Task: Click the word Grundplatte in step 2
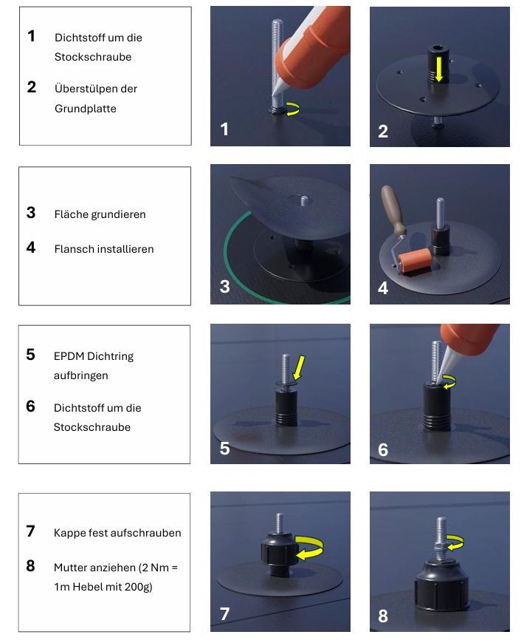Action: [x=86, y=109]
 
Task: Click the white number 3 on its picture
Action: [x=225, y=287]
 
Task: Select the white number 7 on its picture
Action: [x=225, y=614]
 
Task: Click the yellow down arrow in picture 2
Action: [x=439, y=69]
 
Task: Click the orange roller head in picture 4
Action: [x=415, y=261]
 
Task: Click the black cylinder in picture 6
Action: [x=437, y=406]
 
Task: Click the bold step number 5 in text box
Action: [x=31, y=355]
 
